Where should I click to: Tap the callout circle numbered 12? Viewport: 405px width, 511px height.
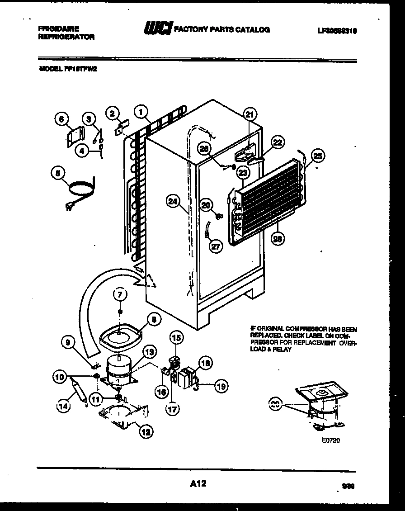click(145, 432)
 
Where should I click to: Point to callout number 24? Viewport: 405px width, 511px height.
click(171, 202)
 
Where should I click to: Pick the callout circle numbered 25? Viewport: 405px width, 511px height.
click(318, 156)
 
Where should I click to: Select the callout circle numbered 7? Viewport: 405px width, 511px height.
click(120, 295)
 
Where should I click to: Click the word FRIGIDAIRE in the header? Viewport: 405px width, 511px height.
click(56, 28)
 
